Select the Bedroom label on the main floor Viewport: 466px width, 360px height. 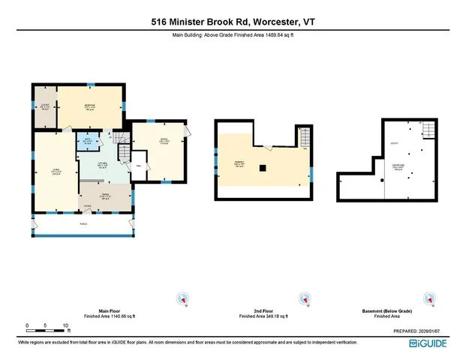tap(89, 106)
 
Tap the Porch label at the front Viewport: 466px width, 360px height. tap(83, 223)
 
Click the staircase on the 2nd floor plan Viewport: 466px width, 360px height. tap(303, 139)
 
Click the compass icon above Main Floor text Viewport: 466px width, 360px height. tap(181, 299)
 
